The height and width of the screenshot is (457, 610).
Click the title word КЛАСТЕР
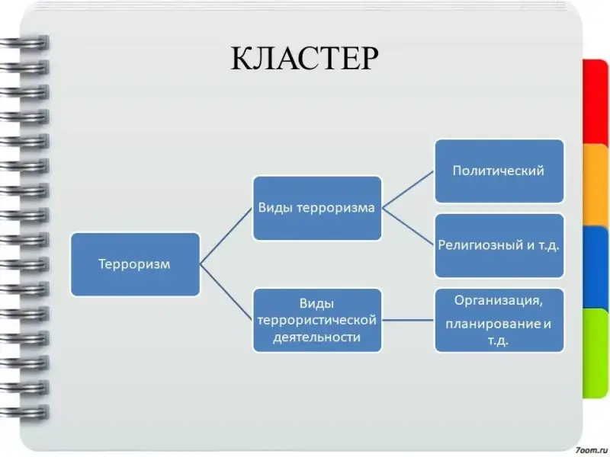click(x=303, y=58)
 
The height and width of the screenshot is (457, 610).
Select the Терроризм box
click(x=135, y=264)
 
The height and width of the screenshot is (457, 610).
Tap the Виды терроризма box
click(x=316, y=208)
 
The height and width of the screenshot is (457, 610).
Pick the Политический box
click(x=499, y=170)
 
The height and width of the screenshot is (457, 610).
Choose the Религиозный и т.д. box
click(x=499, y=246)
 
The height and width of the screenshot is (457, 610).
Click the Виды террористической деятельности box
click(x=316, y=320)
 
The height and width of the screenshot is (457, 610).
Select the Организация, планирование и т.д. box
click(x=499, y=320)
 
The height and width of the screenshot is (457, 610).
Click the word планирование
click(x=493, y=324)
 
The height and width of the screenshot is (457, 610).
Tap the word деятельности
click(x=316, y=337)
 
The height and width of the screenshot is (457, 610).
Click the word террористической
click(x=316, y=321)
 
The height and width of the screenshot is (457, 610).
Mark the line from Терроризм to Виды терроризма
click(x=226, y=236)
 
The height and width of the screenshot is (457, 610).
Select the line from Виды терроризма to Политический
click(x=408, y=189)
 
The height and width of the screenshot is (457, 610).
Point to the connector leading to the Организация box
click(x=408, y=320)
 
